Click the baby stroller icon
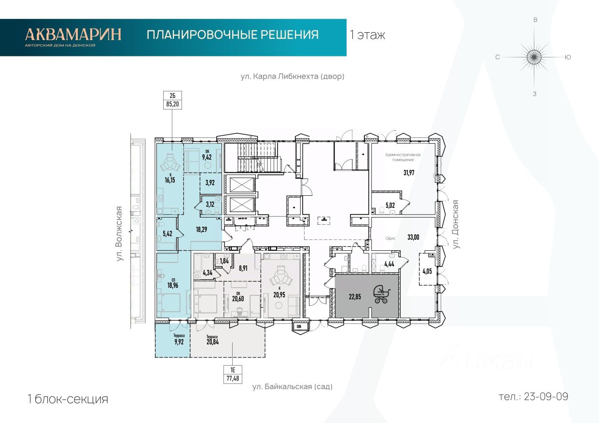pos(381,294)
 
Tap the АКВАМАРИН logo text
pos(73,34)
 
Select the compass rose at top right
pos(534,57)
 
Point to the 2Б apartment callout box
pos(173,100)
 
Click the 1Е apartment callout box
pos(233,374)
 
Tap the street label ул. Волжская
pos(119,234)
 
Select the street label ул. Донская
pos(455,224)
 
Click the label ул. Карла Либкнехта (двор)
pos(293,76)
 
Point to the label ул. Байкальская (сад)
pos(293,387)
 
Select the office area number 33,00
pos(414,237)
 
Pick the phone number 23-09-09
pos(533,396)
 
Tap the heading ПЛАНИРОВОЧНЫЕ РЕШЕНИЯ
pos(233,35)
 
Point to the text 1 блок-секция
pos(68,399)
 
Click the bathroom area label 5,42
pos(167,234)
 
